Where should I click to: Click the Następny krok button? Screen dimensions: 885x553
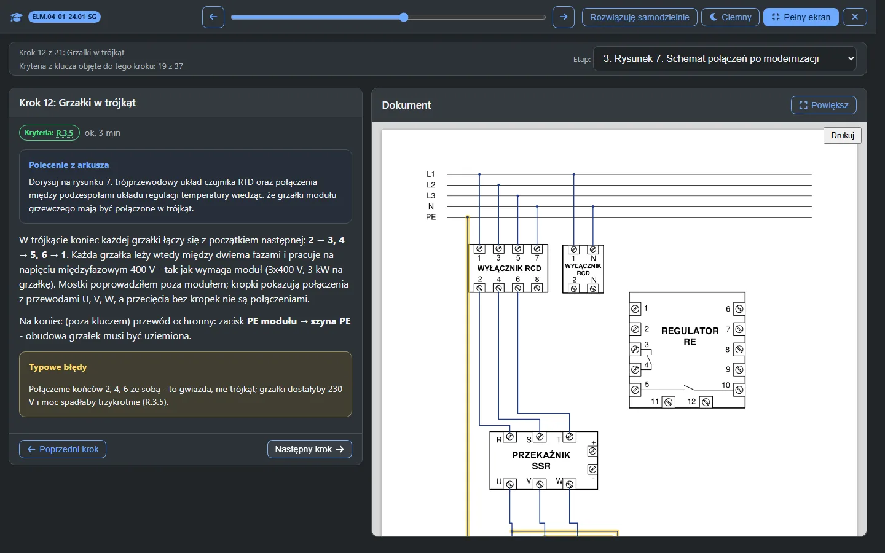[309, 449]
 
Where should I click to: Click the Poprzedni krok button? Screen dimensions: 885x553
[63, 449]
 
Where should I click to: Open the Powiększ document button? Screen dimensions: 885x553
[824, 105]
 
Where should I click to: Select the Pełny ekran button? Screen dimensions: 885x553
[801, 17]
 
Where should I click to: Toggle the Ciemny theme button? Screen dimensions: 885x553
[730, 17]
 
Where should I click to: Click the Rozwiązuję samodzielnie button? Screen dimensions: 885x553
[639, 17]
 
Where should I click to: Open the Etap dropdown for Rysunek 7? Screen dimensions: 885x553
[725, 59]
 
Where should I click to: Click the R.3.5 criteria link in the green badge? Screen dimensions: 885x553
[65, 133]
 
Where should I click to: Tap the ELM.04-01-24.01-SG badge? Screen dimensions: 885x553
[65, 17]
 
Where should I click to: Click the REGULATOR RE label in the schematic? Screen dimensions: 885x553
[690, 337]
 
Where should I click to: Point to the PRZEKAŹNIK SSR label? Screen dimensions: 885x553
[541, 461]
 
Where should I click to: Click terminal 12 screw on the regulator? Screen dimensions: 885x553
[706, 402]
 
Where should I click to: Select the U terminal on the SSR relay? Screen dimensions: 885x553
[510, 484]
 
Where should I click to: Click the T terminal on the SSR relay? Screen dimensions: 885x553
[569, 437]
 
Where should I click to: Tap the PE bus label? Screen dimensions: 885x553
[431, 218]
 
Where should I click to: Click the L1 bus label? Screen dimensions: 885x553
[431, 175]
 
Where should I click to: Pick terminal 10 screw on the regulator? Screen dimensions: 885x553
[739, 390]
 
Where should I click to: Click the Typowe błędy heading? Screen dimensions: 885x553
[58, 367]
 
